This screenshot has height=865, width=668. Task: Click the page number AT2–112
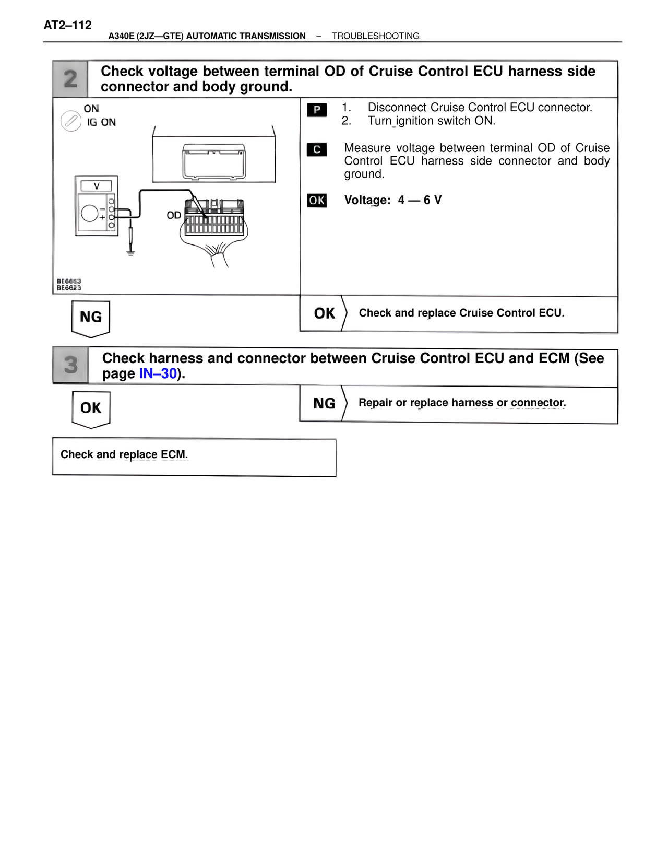tap(68, 25)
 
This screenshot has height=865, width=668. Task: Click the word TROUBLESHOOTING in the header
tap(375, 36)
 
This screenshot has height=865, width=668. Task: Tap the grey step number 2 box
tap(70, 79)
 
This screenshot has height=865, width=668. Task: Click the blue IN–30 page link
tap(158, 374)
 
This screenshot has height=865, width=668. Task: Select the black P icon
tap(317, 110)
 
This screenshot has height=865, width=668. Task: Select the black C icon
tap(317, 149)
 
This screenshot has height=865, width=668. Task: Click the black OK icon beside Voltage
tap(317, 201)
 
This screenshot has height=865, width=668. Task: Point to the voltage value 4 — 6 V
tap(420, 201)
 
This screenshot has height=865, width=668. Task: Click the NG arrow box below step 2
tap(91, 318)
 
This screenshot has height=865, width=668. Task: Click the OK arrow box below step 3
tap(91, 408)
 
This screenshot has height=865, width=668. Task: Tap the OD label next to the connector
tap(174, 215)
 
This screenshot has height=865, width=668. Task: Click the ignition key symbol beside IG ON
tap(70, 121)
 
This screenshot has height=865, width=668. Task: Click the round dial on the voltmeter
tap(89, 213)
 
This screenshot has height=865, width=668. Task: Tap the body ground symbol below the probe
tap(130, 253)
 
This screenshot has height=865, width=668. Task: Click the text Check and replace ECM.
tap(124, 454)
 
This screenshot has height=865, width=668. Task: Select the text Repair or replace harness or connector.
tap(462, 403)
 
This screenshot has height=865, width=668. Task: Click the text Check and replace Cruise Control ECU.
tap(461, 313)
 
